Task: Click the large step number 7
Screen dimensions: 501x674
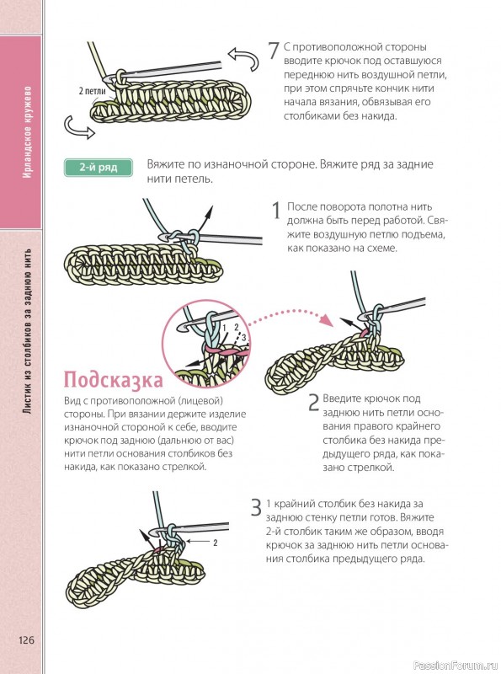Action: coord(274,50)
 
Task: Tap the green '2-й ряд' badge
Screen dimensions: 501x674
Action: coord(98,168)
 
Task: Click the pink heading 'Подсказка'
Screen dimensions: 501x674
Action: coord(114,380)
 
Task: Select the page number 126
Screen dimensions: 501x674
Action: coord(26,640)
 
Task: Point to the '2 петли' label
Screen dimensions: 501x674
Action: coord(92,91)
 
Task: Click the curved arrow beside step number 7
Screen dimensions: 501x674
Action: coord(243,58)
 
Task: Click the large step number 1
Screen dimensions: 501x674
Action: coord(277,211)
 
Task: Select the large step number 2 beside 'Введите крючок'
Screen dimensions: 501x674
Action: coord(314,403)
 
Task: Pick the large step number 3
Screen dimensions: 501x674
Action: coord(256,507)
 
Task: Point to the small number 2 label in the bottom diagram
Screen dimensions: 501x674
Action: coord(216,543)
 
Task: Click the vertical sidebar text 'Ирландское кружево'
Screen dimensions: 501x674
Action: coord(28,132)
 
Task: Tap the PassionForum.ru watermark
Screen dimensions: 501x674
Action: coord(456,666)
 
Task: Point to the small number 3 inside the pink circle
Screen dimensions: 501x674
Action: coord(243,338)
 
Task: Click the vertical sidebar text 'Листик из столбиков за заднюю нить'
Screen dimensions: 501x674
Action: coord(28,331)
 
